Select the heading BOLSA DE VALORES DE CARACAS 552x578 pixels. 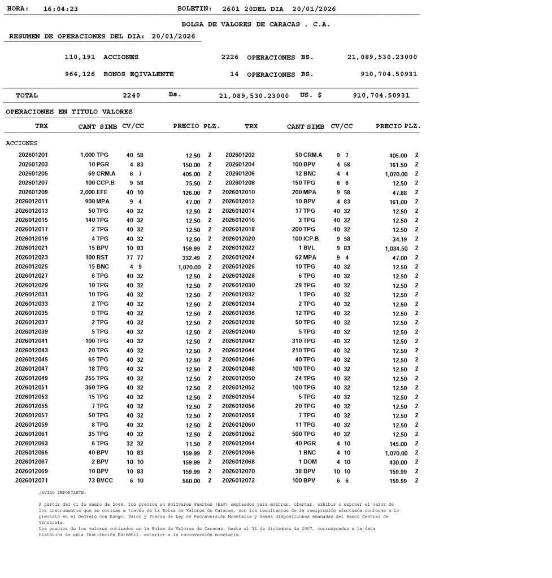pyautogui.click(x=255, y=25)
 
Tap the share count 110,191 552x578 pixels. pyautogui.click(x=80, y=58)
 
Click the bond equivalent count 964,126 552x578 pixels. pyautogui.click(x=80, y=75)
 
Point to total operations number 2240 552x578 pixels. pyautogui.click(x=131, y=96)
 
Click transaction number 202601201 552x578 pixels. pyautogui.click(x=33, y=155)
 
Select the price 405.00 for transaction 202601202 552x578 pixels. pyautogui.click(x=398, y=155)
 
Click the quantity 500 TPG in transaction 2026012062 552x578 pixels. pyautogui.click(x=303, y=434)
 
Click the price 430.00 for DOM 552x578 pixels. pyautogui.click(x=398, y=463)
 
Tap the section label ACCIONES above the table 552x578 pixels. pyautogui.click(x=21, y=143)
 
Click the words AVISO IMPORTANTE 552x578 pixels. pyautogui.click(x=62, y=492)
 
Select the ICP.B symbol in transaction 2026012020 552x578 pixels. pyautogui.click(x=309, y=239)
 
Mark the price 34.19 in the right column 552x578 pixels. pyautogui.click(x=399, y=239)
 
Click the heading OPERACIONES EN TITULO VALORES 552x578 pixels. pyautogui.click(x=69, y=112)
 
